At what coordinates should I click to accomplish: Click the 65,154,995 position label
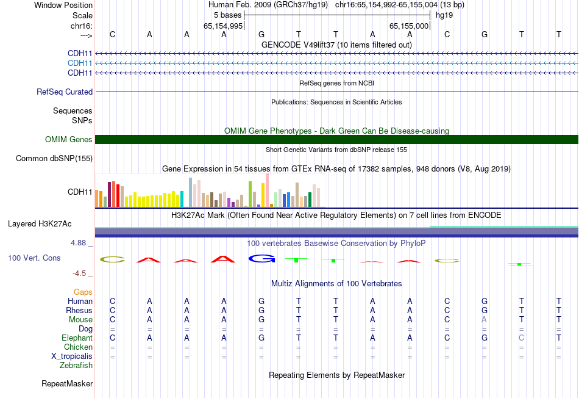coord(224,26)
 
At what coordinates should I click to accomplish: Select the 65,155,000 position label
coord(410,26)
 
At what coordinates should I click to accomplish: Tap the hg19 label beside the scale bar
coord(444,15)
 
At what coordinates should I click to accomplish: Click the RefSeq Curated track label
coord(65,92)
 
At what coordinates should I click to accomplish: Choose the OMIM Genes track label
coord(69,140)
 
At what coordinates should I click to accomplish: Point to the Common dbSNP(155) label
coord(54,159)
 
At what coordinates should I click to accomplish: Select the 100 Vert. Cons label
coord(34,258)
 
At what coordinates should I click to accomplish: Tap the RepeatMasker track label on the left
coord(67,384)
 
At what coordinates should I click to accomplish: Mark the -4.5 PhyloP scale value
coord(80,273)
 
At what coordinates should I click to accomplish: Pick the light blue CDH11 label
coord(80,63)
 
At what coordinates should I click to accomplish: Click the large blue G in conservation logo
coord(261,259)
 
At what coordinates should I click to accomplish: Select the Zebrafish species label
coord(76,366)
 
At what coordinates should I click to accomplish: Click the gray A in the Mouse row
coord(485,320)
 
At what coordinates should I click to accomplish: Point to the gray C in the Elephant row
coord(521,338)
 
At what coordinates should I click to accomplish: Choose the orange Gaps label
coord(83,292)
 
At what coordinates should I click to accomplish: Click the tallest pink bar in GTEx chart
coord(267,190)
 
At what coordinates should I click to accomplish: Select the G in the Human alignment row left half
coord(261,302)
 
